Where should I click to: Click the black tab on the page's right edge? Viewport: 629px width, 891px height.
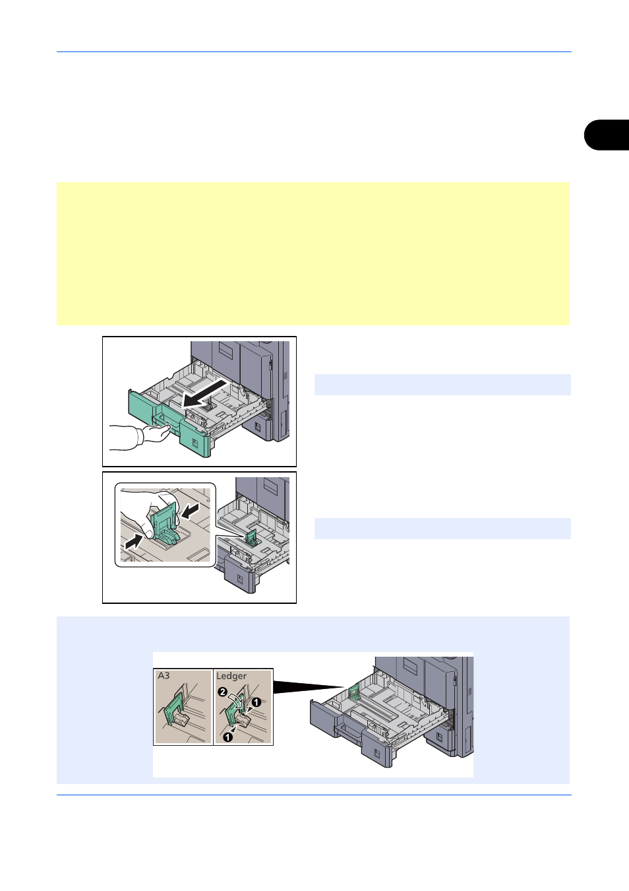point(607,135)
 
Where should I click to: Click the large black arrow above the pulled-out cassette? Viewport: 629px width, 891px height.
point(205,394)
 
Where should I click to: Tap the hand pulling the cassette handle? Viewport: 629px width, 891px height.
point(157,433)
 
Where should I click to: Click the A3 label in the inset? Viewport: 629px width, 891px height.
point(164,676)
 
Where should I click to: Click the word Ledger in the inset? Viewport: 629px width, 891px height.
point(231,676)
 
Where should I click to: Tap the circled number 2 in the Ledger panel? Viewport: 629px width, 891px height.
point(222,692)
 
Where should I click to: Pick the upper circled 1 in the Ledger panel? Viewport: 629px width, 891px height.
point(256,702)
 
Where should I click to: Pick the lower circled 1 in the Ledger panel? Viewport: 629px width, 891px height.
point(227,737)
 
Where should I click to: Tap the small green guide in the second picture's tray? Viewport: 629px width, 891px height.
point(251,538)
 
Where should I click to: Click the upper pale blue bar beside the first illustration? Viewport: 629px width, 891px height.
point(442,385)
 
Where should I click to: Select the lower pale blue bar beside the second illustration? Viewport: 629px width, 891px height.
point(442,529)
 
